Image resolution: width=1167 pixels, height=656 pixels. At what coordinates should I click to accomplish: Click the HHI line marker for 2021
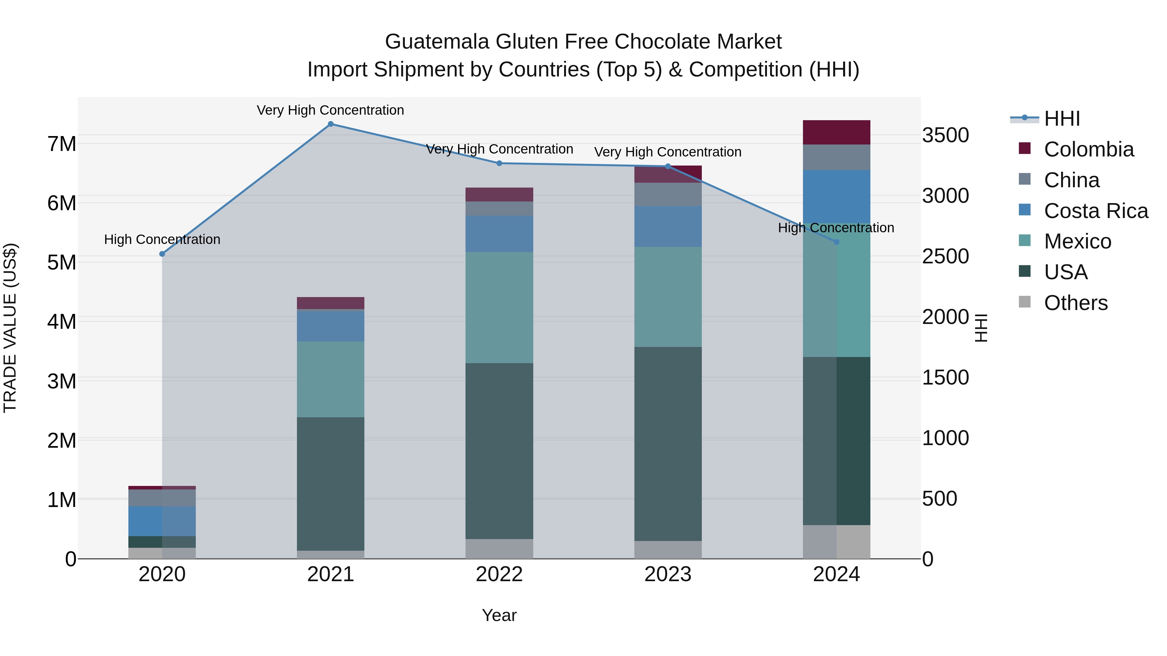(330, 124)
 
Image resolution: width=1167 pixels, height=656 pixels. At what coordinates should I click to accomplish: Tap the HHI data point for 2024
(836, 242)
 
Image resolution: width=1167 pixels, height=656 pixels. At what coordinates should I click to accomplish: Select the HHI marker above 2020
(162, 254)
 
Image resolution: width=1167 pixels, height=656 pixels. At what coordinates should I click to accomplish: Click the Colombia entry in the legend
(1089, 149)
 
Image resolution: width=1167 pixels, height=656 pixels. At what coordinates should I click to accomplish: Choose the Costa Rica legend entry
(1095, 211)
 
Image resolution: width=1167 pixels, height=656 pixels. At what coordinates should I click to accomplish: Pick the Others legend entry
(1076, 303)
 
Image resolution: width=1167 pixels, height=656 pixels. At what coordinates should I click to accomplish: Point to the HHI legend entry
(1061, 119)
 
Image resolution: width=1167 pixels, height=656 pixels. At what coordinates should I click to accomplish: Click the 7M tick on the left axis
(62, 144)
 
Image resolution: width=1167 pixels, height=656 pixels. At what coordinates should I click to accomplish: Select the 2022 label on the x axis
(499, 574)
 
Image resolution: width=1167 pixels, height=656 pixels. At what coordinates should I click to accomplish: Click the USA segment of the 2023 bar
(668, 444)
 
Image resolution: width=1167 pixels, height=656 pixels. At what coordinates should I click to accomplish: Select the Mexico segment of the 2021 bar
(330, 379)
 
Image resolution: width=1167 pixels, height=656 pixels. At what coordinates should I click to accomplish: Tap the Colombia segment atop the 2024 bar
(836, 132)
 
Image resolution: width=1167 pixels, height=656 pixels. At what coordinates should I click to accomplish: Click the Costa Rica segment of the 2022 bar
(499, 234)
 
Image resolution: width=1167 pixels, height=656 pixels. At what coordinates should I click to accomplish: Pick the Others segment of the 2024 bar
(836, 542)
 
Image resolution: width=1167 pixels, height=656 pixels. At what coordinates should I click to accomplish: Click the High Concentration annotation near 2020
(162, 239)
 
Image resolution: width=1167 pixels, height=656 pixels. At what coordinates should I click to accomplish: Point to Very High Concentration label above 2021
(330, 110)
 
